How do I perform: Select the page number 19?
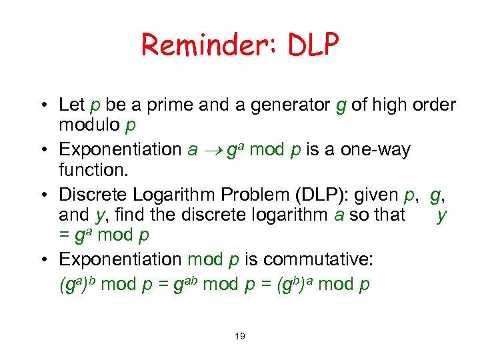click(x=239, y=336)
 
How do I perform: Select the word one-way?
click(x=377, y=149)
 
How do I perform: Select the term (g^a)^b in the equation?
click(x=79, y=284)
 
